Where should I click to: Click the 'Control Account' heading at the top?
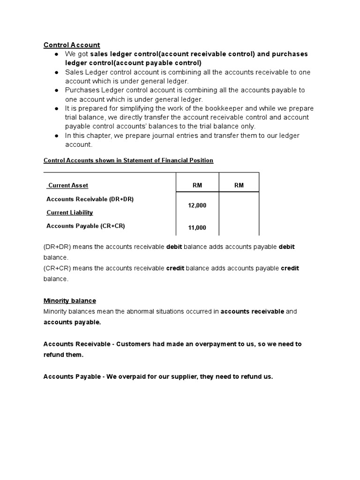tap(72, 45)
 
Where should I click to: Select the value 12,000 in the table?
tap(197, 205)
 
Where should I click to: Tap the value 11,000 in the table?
tap(197, 228)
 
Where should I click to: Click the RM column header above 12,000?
tap(197, 185)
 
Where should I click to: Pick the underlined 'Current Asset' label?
tap(68, 186)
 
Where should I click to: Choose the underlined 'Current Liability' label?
tap(69, 212)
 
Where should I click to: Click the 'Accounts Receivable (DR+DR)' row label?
tap(90, 199)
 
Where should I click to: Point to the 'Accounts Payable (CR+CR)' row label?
tap(86, 226)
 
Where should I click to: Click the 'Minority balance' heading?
tap(69, 300)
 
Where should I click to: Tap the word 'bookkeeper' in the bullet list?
tap(220, 108)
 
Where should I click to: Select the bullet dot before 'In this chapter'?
tap(56, 135)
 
